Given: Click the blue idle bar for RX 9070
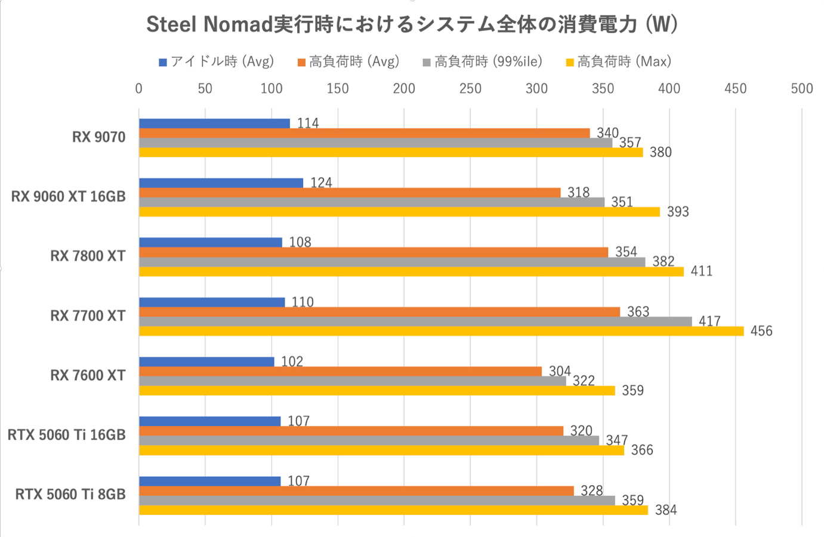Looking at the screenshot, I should pos(214,124).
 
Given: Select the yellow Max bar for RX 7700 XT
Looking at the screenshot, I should pos(441,331).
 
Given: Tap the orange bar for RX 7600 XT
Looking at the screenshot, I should pos(340,372).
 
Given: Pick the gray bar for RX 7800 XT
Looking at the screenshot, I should pos(392,262).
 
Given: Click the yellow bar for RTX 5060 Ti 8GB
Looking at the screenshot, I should pos(393,510).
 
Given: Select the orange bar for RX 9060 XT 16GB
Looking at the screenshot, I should pos(350,193).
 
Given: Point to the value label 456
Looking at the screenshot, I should pos(761,331).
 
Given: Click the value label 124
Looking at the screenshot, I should pos(321,183).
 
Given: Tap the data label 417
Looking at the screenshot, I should pos(709,322).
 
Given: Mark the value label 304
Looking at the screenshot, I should pos(560,371).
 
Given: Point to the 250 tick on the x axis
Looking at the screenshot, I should pos(470,89).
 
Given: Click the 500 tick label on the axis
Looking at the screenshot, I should pos(801,89).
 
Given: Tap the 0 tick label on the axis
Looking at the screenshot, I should pos(139,89).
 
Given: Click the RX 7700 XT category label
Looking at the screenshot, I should pos(88,316).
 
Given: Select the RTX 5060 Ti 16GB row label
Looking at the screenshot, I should pos(67,435).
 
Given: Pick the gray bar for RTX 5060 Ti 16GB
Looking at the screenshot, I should pos(369,441).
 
